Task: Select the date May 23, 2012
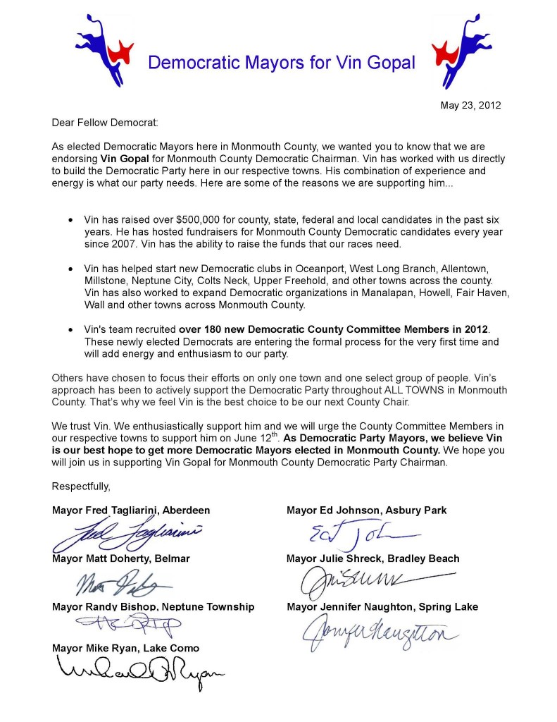click(x=470, y=106)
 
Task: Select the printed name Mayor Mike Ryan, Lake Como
click(x=125, y=647)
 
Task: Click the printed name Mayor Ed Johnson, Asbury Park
click(x=366, y=510)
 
